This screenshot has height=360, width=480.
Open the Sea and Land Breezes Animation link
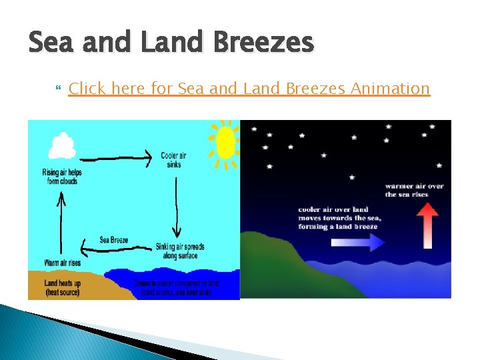(249, 88)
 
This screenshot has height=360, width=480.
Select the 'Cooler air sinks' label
(173, 160)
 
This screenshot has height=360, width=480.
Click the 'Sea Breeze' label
(113, 239)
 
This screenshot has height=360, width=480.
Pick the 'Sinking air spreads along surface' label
(179, 251)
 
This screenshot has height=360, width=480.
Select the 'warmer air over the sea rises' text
(414, 190)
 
